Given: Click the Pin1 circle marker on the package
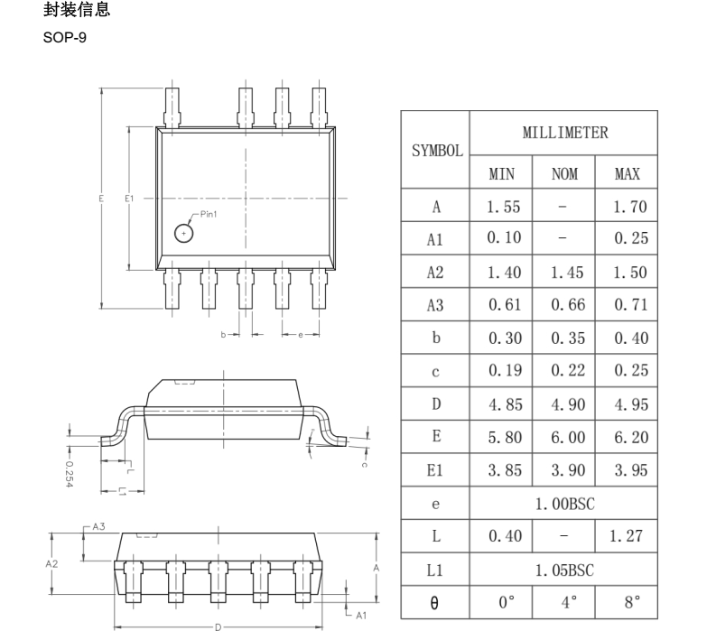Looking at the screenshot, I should tap(183, 233).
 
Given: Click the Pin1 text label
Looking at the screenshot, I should tap(209, 214).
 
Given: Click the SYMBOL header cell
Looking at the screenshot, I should tap(435, 151).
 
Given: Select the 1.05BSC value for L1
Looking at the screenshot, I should tap(564, 570).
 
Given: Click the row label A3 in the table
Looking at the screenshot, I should tap(435, 305).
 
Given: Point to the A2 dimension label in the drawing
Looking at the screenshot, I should tap(53, 562).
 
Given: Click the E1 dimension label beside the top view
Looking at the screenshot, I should tap(129, 198).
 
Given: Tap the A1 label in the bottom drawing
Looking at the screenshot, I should tap(360, 615).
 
